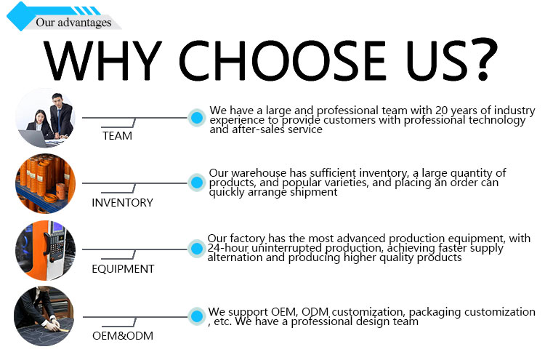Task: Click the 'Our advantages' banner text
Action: (x=73, y=23)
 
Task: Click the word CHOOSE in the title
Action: (x=282, y=60)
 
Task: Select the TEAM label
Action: (x=117, y=136)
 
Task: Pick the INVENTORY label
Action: (x=122, y=202)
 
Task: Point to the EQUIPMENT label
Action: (x=123, y=269)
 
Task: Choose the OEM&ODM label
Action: (x=123, y=336)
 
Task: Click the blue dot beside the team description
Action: (x=197, y=118)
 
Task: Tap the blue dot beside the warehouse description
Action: (x=197, y=183)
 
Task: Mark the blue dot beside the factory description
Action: (x=197, y=248)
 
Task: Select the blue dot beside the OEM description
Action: (x=197, y=316)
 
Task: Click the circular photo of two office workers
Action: (x=46, y=119)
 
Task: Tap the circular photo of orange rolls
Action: (x=46, y=183)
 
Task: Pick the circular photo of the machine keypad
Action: (x=46, y=250)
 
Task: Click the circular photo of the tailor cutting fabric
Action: (x=44, y=316)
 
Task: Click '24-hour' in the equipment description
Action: (x=228, y=248)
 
